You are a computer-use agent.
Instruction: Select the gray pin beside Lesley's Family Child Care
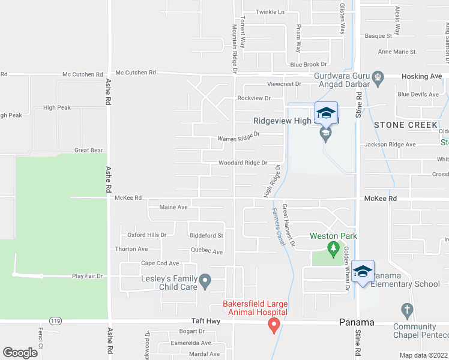(205, 280)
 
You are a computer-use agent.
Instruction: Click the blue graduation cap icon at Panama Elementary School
(363, 272)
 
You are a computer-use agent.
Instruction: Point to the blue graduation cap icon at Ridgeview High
(326, 113)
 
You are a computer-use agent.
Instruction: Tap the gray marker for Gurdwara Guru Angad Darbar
(378, 76)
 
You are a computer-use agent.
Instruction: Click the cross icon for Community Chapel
(407, 310)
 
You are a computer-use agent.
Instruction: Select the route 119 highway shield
(56, 321)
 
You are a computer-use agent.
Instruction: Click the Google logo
(20, 352)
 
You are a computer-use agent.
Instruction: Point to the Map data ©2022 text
(423, 355)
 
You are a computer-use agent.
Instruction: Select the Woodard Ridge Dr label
(243, 163)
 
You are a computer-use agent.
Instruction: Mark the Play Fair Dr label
(88, 276)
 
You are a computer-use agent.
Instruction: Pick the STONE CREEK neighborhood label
(406, 125)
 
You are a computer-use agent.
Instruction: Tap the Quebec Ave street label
(206, 252)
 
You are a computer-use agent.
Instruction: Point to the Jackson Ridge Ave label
(390, 145)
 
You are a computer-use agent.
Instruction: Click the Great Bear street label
(88, 150)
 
